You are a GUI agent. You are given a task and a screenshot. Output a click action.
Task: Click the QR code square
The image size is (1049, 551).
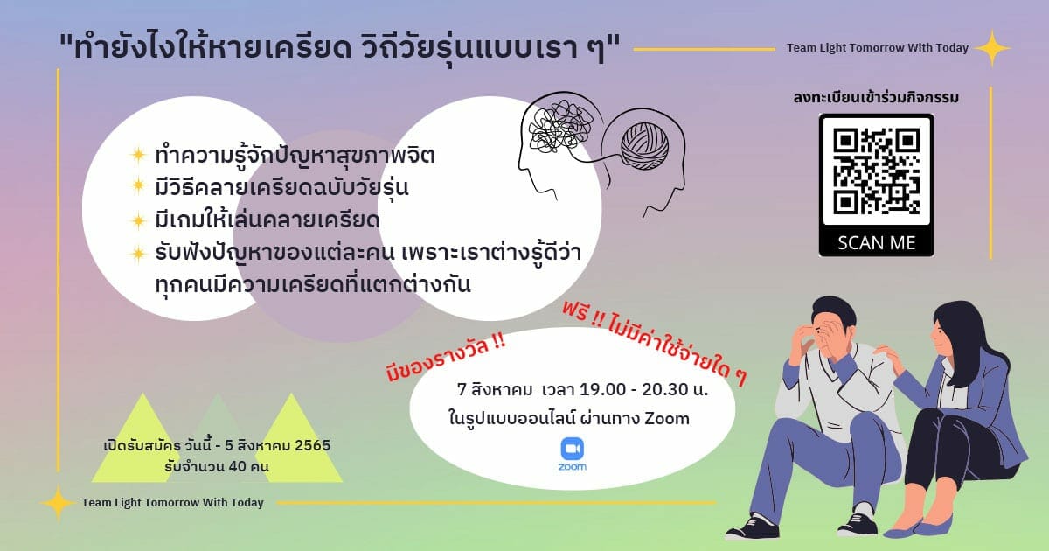pos(876,171)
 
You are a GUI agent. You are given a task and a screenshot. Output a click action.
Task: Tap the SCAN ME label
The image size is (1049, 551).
pos(876,243)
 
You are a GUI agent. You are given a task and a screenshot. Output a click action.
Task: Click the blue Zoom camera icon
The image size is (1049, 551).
pos(573,449)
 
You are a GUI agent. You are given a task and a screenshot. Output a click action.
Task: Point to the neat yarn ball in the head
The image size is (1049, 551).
pos(645,146)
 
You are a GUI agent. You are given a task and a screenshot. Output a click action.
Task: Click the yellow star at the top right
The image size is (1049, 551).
pos(992,48)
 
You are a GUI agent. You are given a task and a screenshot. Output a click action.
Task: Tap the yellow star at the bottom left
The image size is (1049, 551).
pos(58,503)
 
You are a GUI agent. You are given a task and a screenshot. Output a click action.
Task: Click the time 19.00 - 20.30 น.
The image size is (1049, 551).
pos(644,389)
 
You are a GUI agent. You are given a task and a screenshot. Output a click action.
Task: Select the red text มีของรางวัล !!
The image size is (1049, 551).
pos(445,358)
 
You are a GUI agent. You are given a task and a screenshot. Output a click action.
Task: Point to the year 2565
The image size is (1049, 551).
pos(313,445)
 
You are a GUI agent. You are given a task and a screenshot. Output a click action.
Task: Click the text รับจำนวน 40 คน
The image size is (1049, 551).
pos(217,467)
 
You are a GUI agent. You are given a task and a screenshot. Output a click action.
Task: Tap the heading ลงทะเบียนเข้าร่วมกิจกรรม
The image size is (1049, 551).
pos(876,97)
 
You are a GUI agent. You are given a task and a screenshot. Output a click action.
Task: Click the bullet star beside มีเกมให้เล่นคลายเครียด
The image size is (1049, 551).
pos(138,220)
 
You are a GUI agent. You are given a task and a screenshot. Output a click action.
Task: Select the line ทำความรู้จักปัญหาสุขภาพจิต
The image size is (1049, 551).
pos(295,156)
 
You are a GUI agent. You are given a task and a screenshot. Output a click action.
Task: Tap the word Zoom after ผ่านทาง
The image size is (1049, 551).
pos(667,418)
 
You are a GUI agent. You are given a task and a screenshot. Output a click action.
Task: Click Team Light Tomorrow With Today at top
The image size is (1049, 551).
pos(878,48)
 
